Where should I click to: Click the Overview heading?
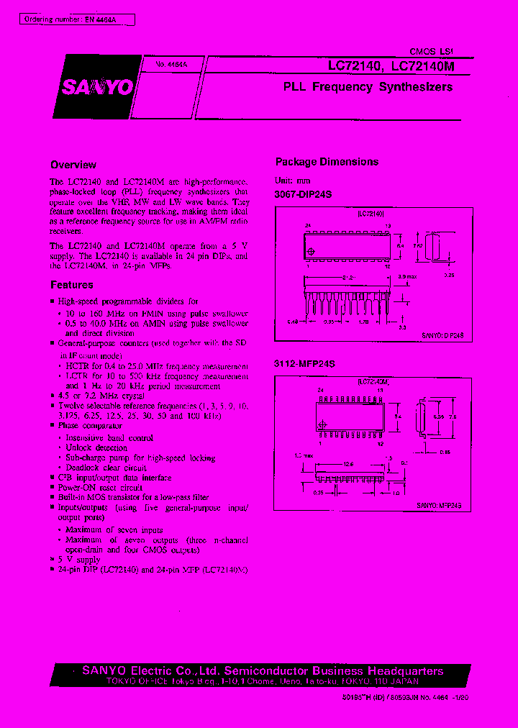pyautogui.click(x=73, y=165)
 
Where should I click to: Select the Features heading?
pyautogui.click(x=72, y=286)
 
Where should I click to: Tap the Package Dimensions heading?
pyautogui.click(x=327, y=162)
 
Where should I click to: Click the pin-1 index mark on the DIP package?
pyautogui.click(x=311, y=250)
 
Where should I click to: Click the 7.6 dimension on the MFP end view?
pyautogui.click(x=453, y=415)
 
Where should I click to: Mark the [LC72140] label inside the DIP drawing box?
pyautogui.click(x=371, y=214)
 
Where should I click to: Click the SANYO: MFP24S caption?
pyautogui.click(x=439, y=506)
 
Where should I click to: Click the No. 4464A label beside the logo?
pyautogui.click(x=171, y=65)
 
